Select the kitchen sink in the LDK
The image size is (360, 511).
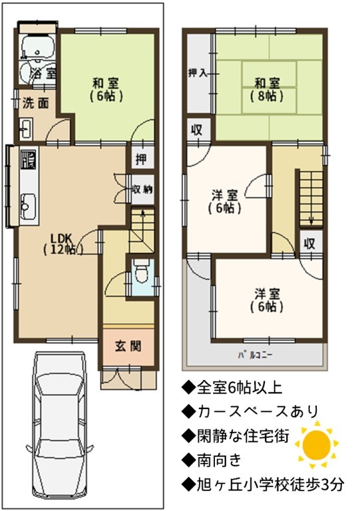(x=29, y=206)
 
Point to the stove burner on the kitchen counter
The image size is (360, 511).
(x=29, y=160)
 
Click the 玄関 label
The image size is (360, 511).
(x=128, y=347)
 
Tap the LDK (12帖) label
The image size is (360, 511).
(x=63, y=244)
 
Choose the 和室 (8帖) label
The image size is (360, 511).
(x=267, y=89)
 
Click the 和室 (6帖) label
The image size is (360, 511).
(x=106, y=89)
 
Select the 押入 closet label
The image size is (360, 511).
(x=198, y=73)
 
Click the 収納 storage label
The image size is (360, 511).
(x=142, y=190)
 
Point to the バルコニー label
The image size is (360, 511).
(x=255, y=355)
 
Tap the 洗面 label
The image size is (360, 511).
(x=35, y=103)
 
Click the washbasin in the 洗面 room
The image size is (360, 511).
(x=25, y=129)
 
